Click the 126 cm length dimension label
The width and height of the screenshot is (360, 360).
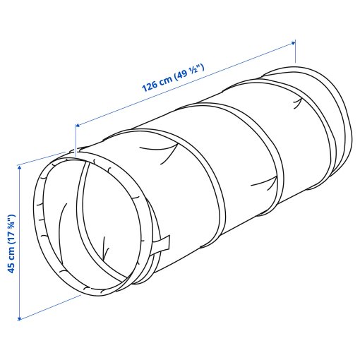(173, 78)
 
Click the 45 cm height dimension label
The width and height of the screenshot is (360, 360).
(11, 244)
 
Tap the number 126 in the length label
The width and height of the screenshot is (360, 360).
(150, 86)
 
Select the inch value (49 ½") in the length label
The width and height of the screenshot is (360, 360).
(189, 71)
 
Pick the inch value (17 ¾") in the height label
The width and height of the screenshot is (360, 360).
(11, 229)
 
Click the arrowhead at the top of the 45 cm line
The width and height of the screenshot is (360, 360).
(19, 167)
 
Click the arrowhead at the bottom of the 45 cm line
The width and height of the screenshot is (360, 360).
(19, 318)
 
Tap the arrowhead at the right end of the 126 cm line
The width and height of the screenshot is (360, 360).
(293, 43)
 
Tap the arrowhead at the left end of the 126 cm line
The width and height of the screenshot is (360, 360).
(78, 126)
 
